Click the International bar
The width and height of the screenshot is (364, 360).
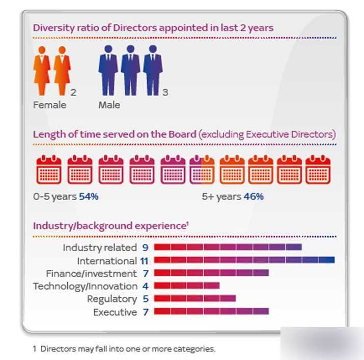[244, 260]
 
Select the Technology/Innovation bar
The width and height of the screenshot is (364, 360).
[186, 286]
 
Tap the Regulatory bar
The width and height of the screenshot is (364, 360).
[194, 298]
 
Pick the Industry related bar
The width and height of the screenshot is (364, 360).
[228, 247]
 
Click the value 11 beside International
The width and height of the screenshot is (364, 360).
[145, 261]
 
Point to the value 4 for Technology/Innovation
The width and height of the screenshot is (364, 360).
[145, 286]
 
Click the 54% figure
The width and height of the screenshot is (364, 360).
[89, 196]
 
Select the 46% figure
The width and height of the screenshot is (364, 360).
[254, 196]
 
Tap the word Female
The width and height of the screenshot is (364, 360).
[49, 105]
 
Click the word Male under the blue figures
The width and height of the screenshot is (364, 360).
[109, 105]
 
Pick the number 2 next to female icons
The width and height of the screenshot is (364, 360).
[74, 92]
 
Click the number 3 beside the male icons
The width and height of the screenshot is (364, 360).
[165, 92]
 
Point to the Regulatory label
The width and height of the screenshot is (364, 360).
[111, 299]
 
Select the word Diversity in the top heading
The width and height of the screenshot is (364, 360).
[52, 27]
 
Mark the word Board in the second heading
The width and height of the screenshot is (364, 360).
[182, 134]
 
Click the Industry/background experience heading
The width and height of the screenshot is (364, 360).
[110, 225]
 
